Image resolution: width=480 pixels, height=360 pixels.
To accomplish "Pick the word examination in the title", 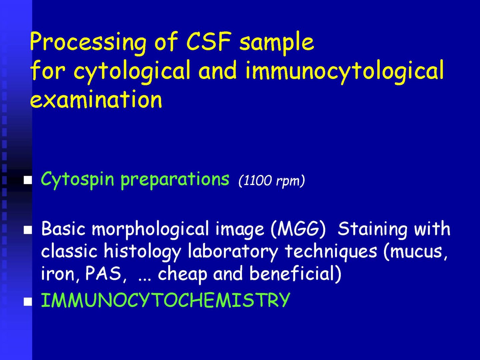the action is pyautogui.click(x=96, y=99).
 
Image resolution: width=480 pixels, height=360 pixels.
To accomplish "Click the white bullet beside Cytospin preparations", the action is pyautogui.click(x=28, y=180).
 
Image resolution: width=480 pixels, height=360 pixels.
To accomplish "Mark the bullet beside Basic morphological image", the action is pyautogui.click(x=28, y=230).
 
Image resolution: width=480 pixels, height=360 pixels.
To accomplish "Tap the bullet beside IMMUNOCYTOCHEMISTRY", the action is pyautogui.click(x=28, y=302).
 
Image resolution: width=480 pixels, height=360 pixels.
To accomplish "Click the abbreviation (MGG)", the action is pyautogui.click(x=298, y=229).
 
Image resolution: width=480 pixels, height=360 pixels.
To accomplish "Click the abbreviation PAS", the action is pyautogui.click(x=103, y=273).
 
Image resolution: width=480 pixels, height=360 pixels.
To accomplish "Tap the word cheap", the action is pyautogui.click(x=182, y=275).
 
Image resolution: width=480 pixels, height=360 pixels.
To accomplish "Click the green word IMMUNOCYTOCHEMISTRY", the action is pyautogui.click(x=166, y=300).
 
